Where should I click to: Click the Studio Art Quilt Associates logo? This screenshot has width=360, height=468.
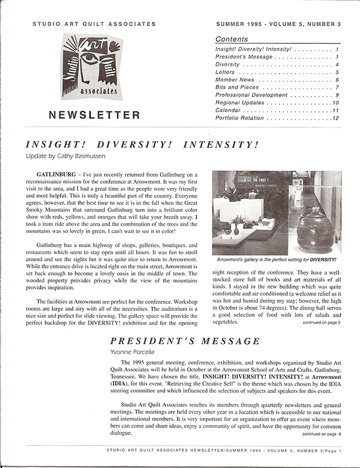point(86,69)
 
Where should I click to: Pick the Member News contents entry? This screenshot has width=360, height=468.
point(237,79)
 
